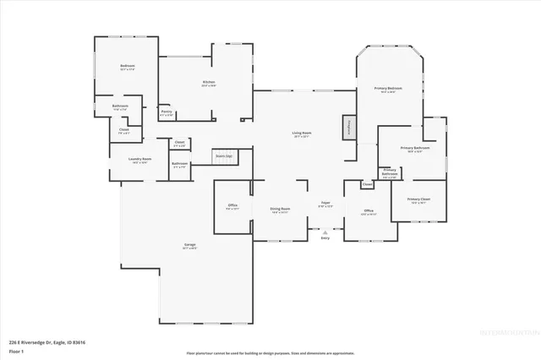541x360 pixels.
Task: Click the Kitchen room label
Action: (x=208, y=82)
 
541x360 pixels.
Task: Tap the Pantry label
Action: (x=167, y=112)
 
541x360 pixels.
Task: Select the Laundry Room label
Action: (x=139, y=159)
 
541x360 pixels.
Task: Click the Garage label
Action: (x=190, y=245)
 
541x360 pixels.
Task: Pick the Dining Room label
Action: (x=281, y=209)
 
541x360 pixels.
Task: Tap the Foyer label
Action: (x=325, y=203)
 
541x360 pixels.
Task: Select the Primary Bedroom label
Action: (x=389, y=89)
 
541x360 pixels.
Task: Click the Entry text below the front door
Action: (x=325, y=237)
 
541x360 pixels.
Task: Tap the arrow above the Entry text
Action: (x=325, y=229)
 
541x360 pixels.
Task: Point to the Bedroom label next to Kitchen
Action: (x=128, y=66)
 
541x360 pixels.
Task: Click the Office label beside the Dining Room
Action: (x=232, y=205)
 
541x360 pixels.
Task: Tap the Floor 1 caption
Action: (x=16, y=350)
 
